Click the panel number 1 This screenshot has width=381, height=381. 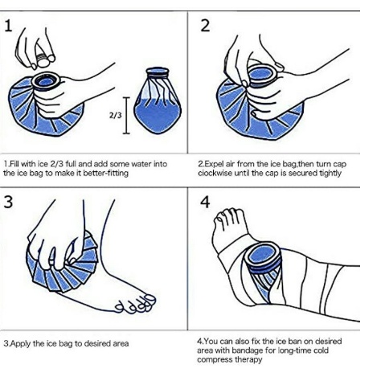(9, 27)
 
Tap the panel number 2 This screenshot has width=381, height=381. (205, 27)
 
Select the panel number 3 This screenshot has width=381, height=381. (9, 202)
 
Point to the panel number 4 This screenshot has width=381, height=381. (205, 202)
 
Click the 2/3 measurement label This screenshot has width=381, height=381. (116, 115)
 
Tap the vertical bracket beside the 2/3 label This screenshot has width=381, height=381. (126, 115)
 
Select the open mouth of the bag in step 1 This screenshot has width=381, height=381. (46, 81)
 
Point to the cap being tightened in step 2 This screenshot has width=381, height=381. (263, 75)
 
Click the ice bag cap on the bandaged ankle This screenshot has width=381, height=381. (263, 257)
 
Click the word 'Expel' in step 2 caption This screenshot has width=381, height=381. (214, 164)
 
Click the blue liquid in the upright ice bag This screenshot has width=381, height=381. (158, 115)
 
